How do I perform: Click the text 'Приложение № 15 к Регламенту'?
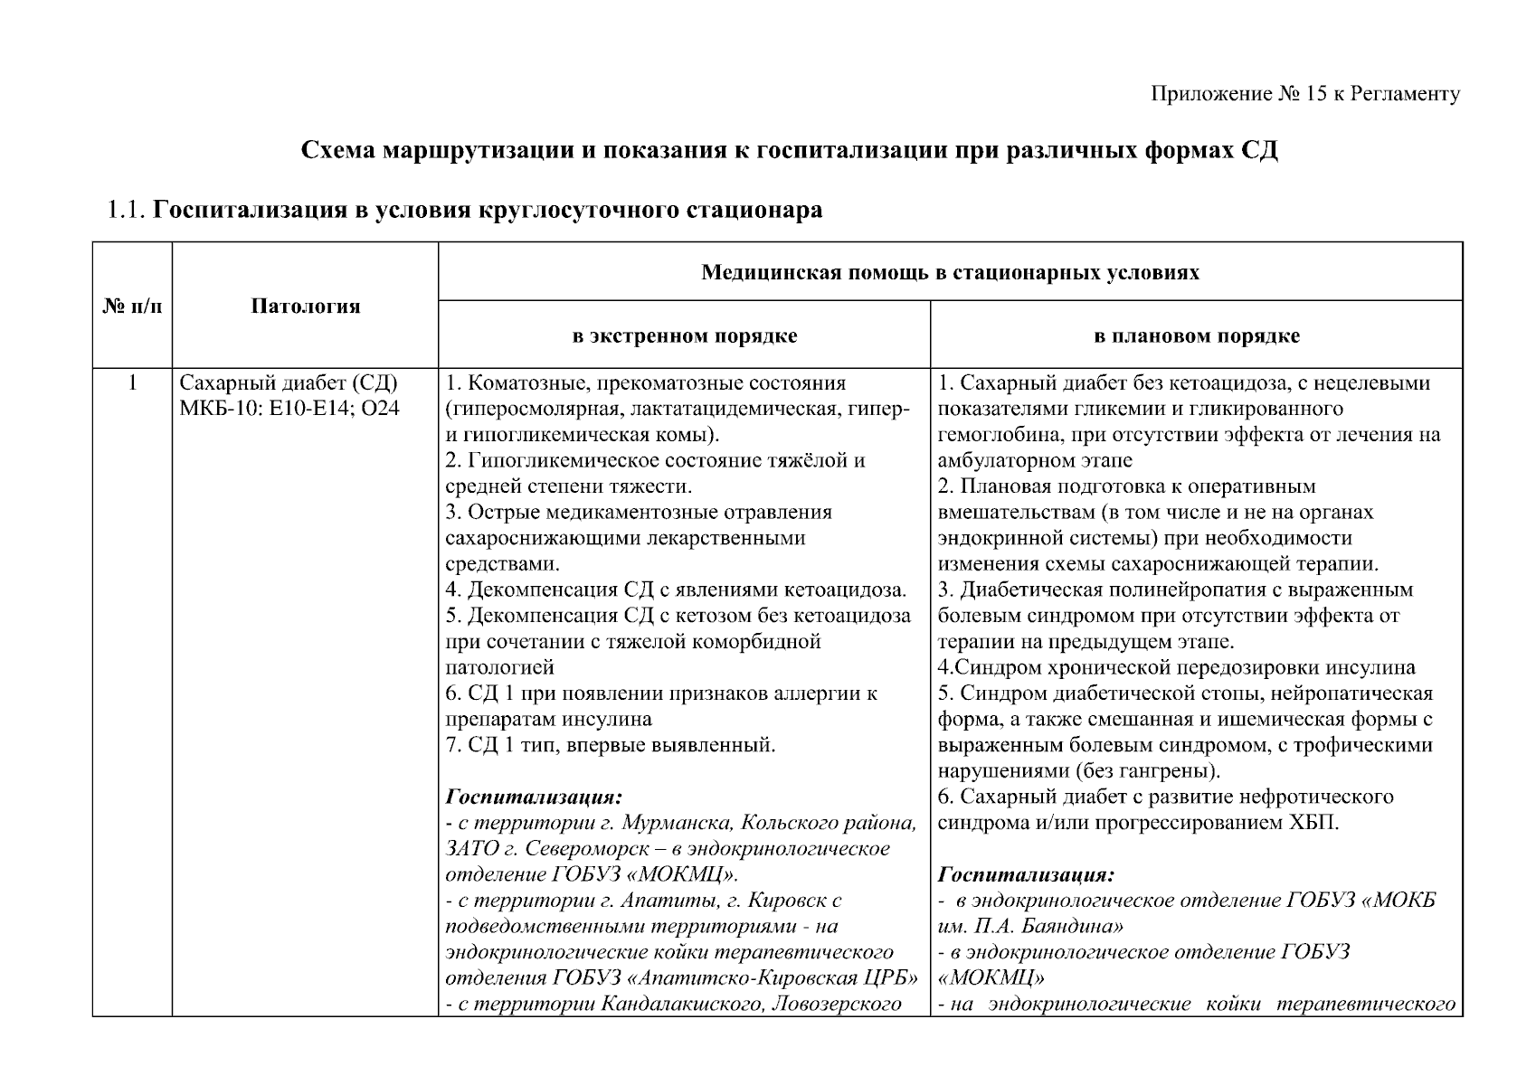point(1305,94)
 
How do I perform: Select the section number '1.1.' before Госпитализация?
point(126,211)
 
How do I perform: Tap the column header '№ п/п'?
point(132,307)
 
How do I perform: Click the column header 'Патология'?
point(305,307)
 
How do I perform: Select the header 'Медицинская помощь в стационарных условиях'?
point(950,272)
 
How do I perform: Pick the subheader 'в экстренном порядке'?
point(684,336)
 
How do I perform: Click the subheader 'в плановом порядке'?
point(1196,336)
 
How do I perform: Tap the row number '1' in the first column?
point(132,383)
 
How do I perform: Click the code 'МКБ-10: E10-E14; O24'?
point(289,409)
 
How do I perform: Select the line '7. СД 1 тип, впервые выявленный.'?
point(611,746)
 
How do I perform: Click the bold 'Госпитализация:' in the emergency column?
point(534,798)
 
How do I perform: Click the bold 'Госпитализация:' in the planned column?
point(1026,875)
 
